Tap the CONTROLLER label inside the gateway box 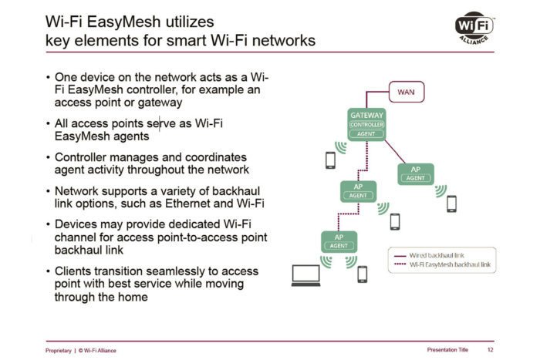[x=367, y=124]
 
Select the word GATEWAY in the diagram [x=367, y=115]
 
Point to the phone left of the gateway [x=330, y=160]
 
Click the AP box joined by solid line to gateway [x=415, y=173]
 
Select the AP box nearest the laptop [x=337, y=241]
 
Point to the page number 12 [x=491, y=350]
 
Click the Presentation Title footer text [x=447, y=350]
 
